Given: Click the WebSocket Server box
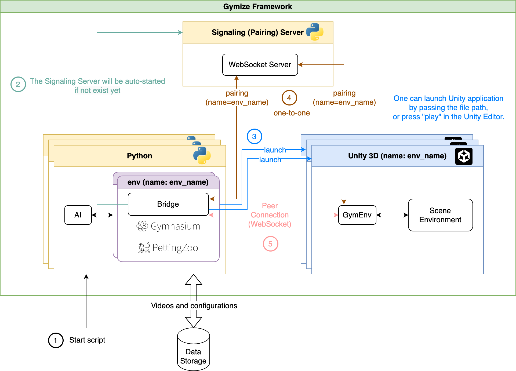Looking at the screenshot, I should [x=260, y=65].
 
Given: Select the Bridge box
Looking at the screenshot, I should [x=168, y=204].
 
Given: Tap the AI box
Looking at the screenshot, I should [x=78, y=215].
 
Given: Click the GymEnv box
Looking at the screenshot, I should [x=357, y=215].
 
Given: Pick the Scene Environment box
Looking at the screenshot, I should [x=440, y=215].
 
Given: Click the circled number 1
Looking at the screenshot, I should [x=56, y=340].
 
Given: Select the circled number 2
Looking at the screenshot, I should [x=18, y=84].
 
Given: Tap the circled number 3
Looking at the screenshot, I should [x=254, y=136].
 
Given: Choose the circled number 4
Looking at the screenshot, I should [x=289, y=98].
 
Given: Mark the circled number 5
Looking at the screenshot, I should [x=270, y=244].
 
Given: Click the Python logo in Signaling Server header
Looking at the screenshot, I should [x=315, y=32].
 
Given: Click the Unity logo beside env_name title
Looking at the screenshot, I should [x=464, y=156].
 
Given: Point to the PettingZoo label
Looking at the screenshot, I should [x=168, y=248].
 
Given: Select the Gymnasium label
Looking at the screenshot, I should [x=168, y=226].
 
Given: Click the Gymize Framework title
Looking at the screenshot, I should [x=257, y=6].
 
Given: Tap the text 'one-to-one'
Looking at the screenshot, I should [x=292, y=113].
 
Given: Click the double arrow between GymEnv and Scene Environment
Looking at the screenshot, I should [x=392, y=215].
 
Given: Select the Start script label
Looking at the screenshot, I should [x=87, y=340].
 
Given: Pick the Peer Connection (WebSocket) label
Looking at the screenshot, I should [x=270, y=215].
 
